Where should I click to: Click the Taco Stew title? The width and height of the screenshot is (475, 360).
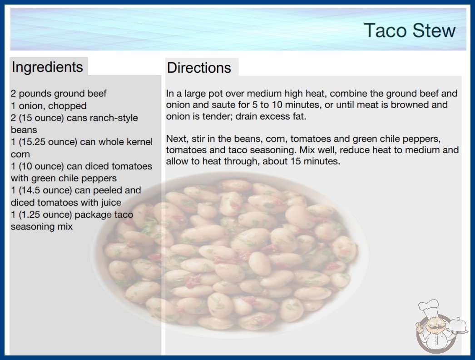tap(410, 30)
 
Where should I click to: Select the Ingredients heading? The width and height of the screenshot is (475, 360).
tap(47, 67)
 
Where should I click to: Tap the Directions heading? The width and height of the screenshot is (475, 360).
tap(199, 68)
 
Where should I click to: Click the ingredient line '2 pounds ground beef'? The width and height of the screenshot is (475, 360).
tap(59, 94)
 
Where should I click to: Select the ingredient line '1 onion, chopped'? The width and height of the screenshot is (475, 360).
tap(49, 106)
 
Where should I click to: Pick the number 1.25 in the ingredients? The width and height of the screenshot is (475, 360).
tap(30, 215)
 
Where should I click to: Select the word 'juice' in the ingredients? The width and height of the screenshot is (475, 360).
tap(111, 203)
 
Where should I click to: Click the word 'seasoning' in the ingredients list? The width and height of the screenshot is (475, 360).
tap(29, 227)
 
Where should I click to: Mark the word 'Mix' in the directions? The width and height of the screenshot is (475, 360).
tap(309, 150)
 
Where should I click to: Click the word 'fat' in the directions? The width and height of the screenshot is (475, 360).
tap(299, 116)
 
